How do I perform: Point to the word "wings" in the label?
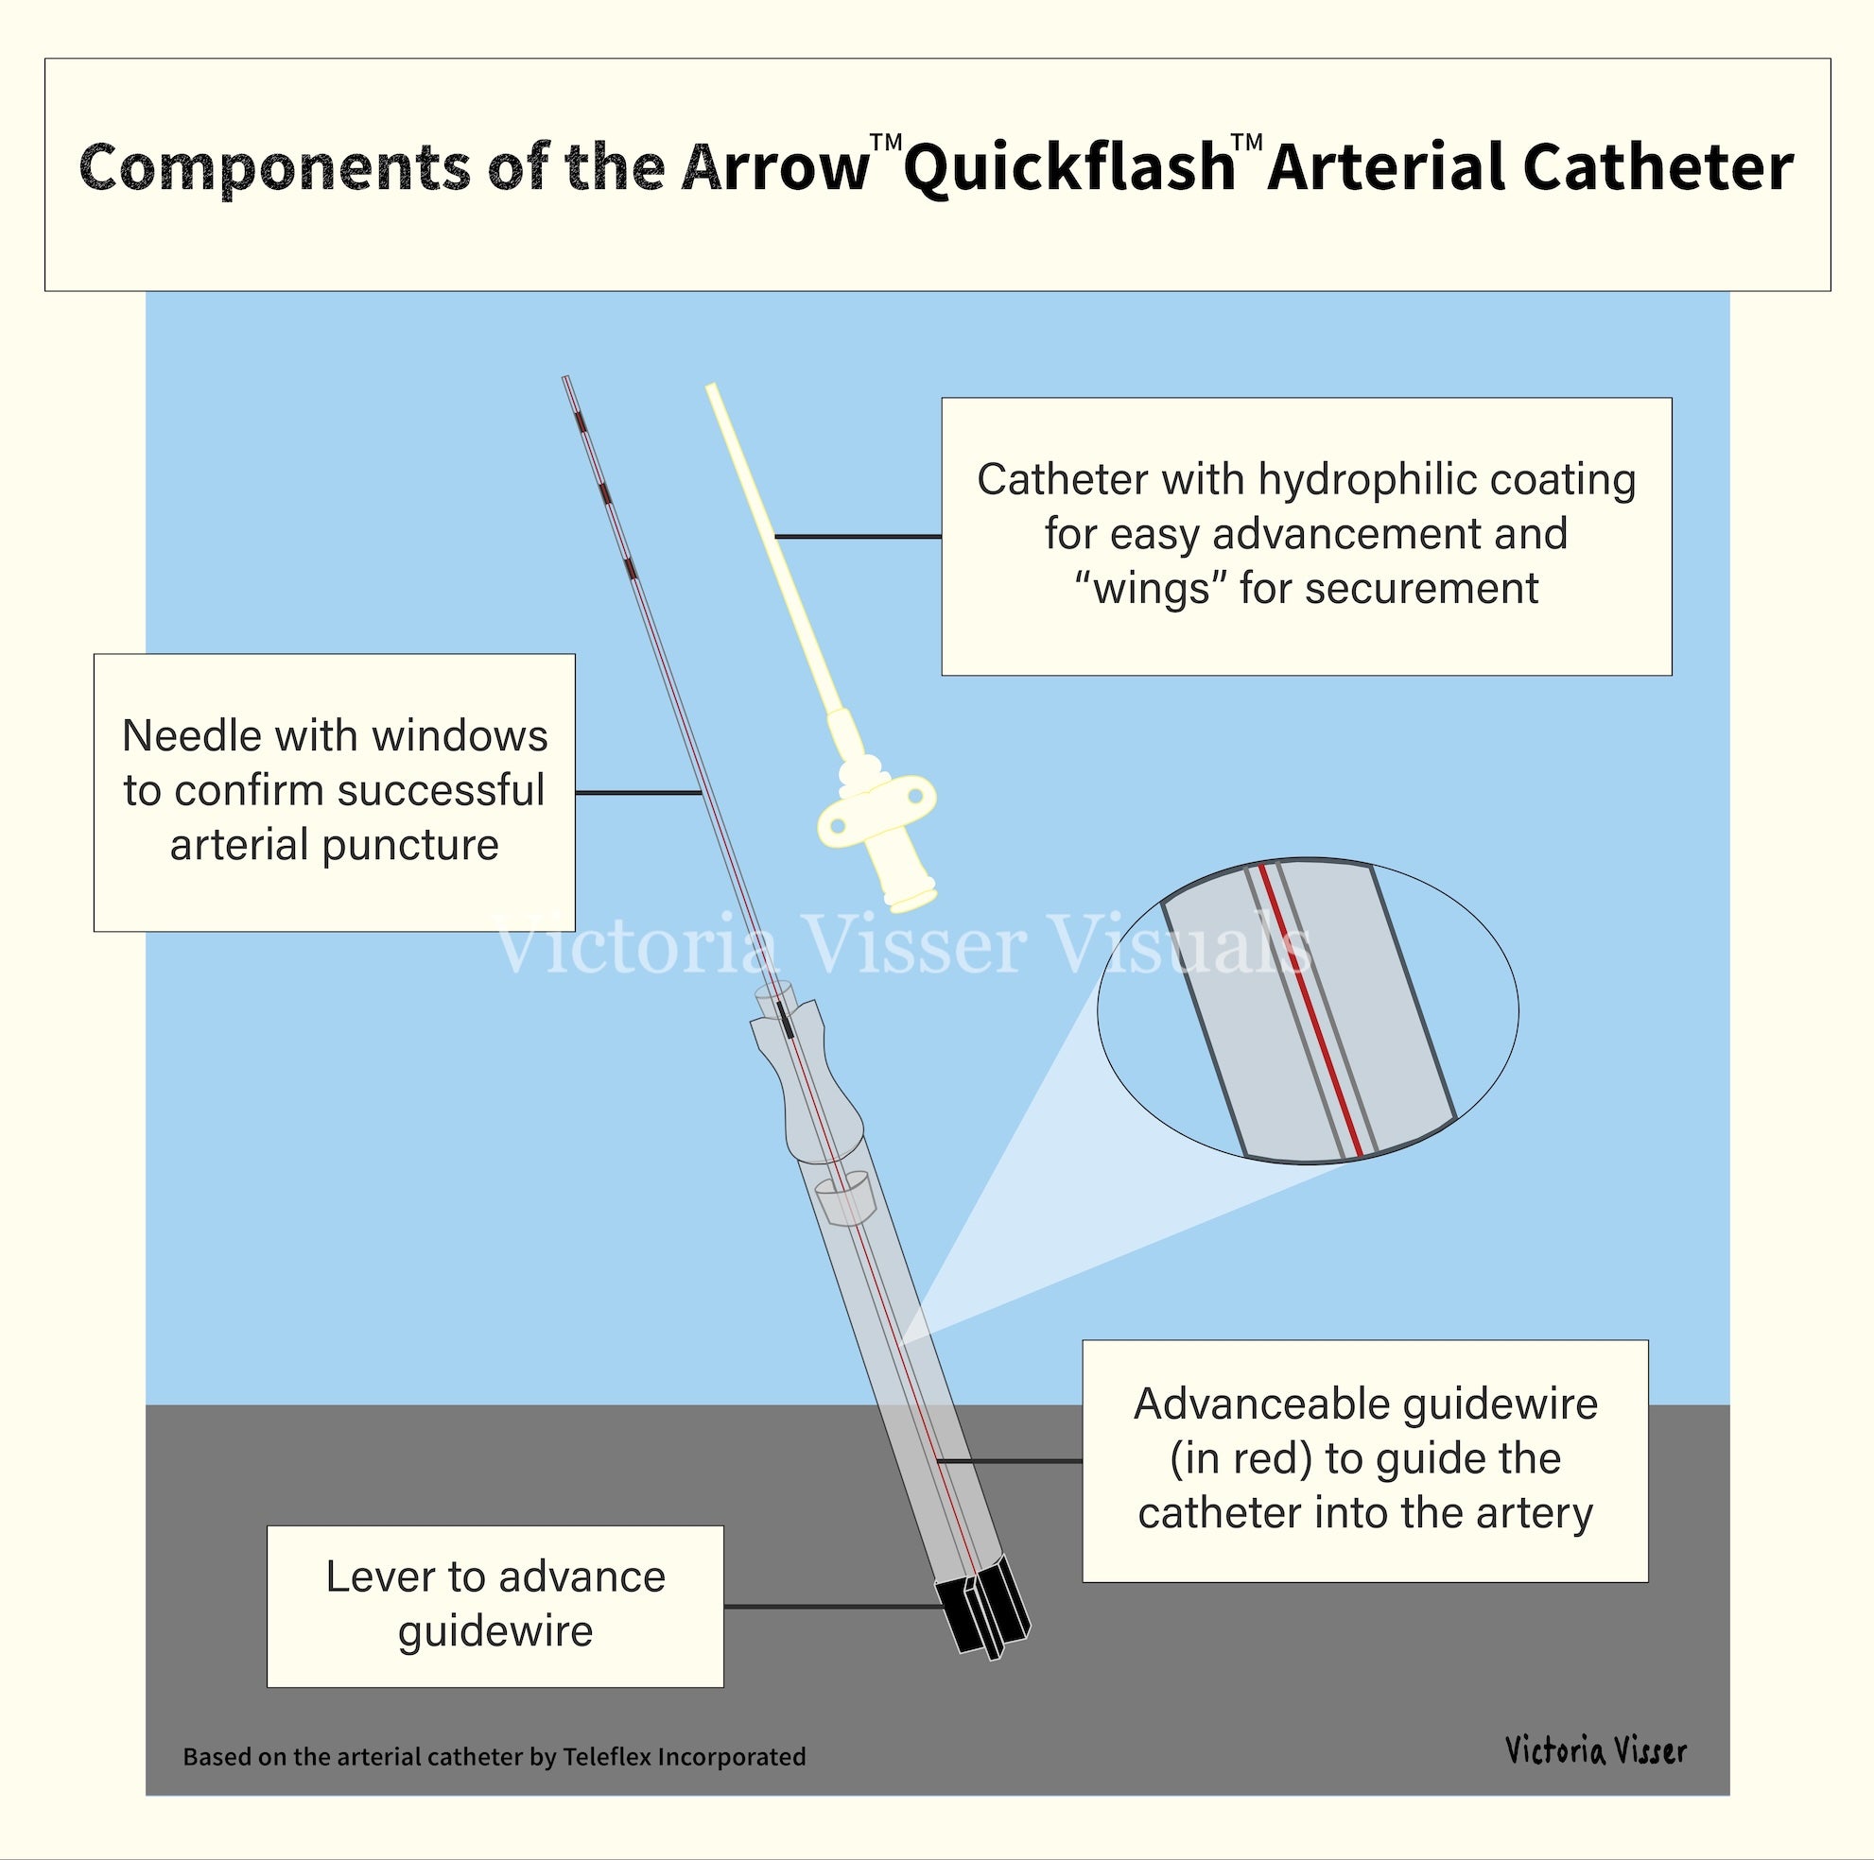tap(1151, 589)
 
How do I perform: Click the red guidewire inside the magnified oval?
tap(1310, 1008)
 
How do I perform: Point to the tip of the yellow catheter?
tap(713, 388)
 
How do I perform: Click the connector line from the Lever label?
tap(834, 1606)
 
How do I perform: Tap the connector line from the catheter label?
tap(859, 536)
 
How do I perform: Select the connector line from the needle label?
tap(638, 792)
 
